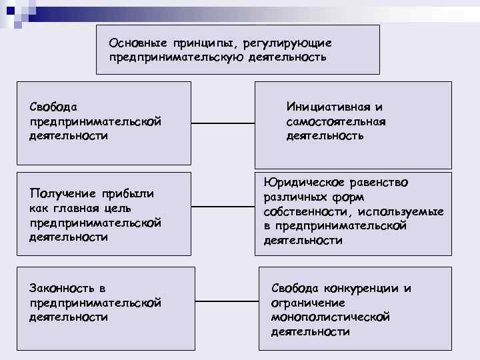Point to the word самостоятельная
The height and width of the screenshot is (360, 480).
coord(335,121)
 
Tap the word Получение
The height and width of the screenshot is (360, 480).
coord(60,194)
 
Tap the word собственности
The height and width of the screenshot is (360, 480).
coord(306,212)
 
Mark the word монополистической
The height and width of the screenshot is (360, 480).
coord(330,317)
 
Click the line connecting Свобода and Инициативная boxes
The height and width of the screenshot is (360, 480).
coord(223,123)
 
